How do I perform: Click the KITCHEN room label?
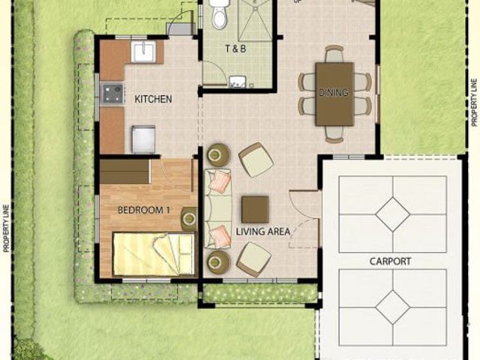click(153, 99)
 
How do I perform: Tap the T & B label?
click(235, 49)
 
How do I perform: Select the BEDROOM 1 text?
click(143, 210)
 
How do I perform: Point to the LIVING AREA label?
click(263, 232)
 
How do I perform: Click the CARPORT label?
click(390, 262)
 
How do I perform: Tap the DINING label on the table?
click(333, 92)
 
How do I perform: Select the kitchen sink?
click(143, 52)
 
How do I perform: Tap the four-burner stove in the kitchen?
click(112, 94)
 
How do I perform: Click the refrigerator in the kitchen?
click(143, 139)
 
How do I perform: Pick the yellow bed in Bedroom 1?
click(154, 254)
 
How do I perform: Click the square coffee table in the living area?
click(255, 209)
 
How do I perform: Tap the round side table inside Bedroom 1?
click(190, 218)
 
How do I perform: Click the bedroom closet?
click(125, 172)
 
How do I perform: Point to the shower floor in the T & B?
click(255, 21)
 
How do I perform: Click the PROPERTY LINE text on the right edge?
click(474, 103)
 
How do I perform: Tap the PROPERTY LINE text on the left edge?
click(6, 228)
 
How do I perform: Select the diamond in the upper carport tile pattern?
click(393, 214)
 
